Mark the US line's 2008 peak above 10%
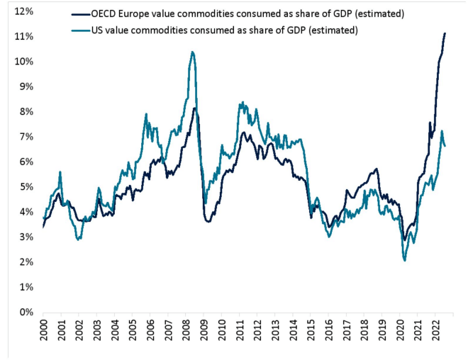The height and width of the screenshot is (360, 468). tap(192, 52)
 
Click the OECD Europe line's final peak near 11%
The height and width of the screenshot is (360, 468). tap(445, 33)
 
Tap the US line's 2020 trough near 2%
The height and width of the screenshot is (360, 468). tap(404, 260)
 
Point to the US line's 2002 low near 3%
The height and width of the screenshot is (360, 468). tap(79, 239)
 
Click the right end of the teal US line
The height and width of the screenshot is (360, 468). tap(445, 146)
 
